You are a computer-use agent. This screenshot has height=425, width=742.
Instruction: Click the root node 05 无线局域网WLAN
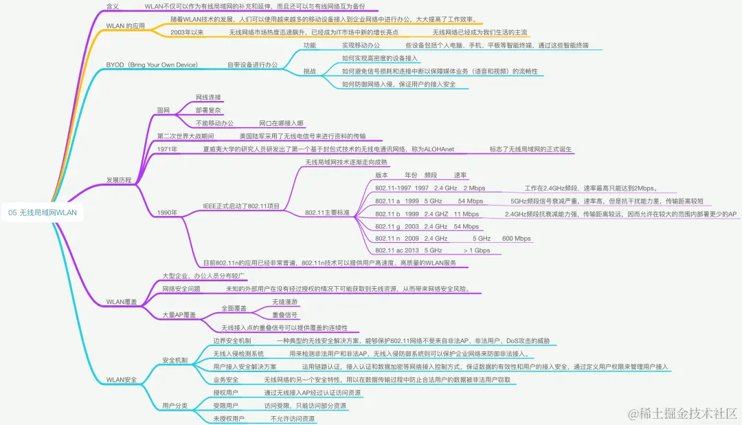click(x=43, y=213)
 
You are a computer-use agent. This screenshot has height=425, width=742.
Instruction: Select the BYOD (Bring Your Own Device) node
click(x=152, y=65)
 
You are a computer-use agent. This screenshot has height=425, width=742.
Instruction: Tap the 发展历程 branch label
click(x=118, y=180)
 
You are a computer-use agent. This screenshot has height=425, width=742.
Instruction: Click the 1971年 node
click(x=167, y=149)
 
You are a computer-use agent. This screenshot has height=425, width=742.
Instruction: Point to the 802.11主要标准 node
click(x=327, y=213)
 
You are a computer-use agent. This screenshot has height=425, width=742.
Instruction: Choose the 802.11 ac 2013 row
click(x=396, y=250)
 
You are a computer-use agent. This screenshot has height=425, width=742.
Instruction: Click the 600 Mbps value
click(x=517, y=238)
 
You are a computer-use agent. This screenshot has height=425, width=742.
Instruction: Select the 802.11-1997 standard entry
click(x=394, y=188)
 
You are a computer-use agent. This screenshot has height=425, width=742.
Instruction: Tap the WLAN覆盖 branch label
click(x=121, y=302)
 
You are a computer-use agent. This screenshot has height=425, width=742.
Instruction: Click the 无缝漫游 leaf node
click(x=285, y=302)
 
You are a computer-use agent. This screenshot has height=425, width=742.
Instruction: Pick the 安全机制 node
click(x=175, y=360)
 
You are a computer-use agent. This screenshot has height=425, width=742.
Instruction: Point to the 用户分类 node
click(x=175, y=405)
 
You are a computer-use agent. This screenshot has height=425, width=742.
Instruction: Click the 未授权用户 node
click(x=229, y=418)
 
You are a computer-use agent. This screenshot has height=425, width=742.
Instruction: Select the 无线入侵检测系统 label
click(x=238, y=353)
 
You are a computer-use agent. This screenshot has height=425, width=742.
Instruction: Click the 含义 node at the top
click(x=113, y=6)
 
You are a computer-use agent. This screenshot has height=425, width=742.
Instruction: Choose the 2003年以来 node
click(x=187, y=32)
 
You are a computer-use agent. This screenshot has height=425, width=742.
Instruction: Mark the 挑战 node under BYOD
click(x=310, y=72)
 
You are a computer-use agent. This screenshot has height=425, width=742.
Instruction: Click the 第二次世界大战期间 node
click(x=185, y=136)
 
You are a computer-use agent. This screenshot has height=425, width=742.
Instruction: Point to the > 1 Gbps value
click(x=477, y=250)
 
